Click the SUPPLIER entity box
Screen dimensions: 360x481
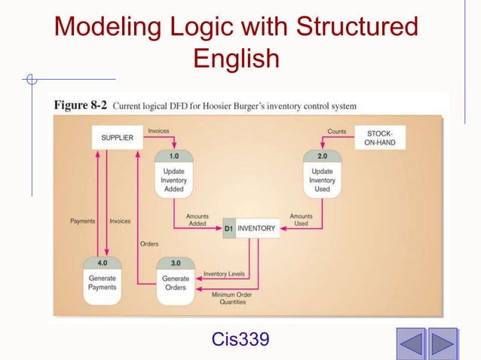click(x=117, y=138)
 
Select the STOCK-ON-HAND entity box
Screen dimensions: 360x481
click(x=379, y=138)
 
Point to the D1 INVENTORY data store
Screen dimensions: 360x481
click(x=251, y=228)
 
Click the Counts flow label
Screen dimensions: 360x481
click(x=337, y=132)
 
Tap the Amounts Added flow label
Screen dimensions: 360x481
click(x=198, y=220)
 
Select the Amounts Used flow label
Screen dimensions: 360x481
click(x=301, y=220)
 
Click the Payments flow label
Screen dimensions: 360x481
click(x=83, y=221)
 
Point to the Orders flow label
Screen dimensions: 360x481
click(x=149, y=243)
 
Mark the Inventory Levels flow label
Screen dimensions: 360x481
click(x=229, y=273)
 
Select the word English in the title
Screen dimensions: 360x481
click(x=236, y=58)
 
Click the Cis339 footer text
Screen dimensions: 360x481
click(x=240, y=340)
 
